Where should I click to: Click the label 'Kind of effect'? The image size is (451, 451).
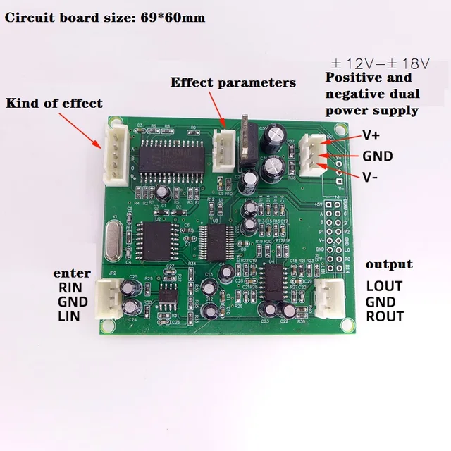54,104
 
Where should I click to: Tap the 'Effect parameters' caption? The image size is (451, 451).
233,82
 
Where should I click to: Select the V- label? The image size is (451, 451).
371,178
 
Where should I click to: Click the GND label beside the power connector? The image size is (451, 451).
377,156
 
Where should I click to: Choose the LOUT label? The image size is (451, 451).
384,286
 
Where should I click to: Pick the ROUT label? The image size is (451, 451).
385,316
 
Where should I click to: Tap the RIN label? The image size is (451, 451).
69,287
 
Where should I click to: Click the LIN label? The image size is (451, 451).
68,316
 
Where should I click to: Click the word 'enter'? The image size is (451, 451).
70,273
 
